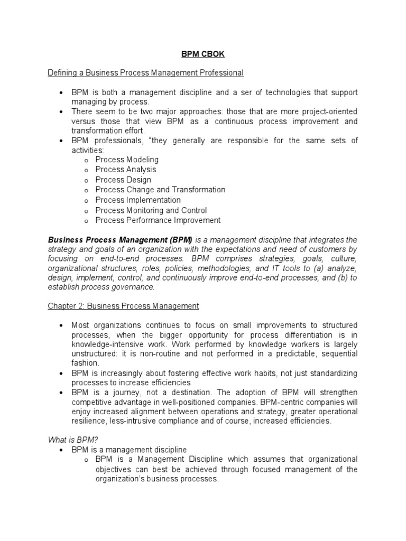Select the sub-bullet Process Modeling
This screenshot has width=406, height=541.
coord(127,159)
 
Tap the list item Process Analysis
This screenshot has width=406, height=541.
coord(126,170)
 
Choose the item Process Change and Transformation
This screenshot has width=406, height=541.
coord(160,190)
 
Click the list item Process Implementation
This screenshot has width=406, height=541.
coord(138,200)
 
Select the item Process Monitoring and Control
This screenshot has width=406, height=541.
coord(151,210)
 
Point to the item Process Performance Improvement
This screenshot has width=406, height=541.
coord(158,220)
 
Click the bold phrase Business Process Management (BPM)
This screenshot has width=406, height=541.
coord(121,240)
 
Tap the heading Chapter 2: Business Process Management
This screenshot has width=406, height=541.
coord(123,306)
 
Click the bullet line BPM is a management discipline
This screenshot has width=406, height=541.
coord(129,450)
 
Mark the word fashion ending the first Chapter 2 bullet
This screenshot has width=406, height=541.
coord(85,363)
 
